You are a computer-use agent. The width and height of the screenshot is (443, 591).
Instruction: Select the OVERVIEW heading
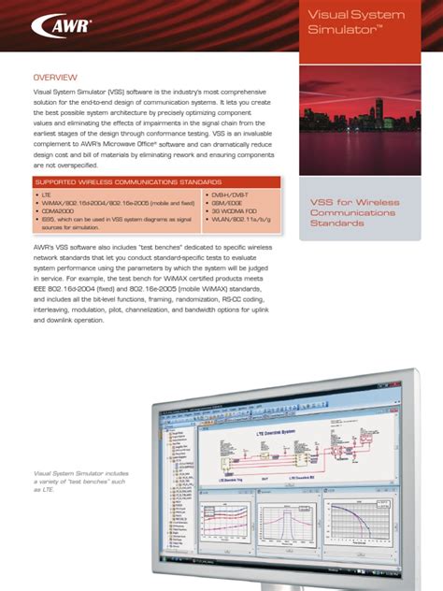[x=55, y=77]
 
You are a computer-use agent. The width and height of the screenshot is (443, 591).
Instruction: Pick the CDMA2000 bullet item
[x=58, y=212]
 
